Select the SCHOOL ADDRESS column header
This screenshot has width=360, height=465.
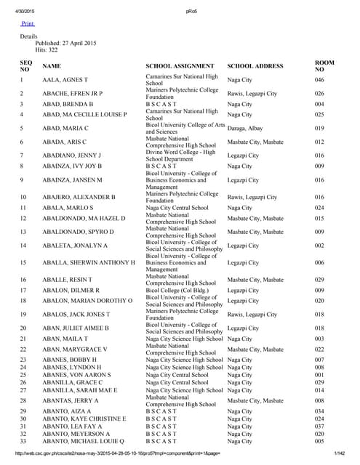(255, 66)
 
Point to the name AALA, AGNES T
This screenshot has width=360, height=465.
(65, 79)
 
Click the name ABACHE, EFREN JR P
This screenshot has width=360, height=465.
(73, 94)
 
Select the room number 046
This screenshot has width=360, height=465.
(319, 79)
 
